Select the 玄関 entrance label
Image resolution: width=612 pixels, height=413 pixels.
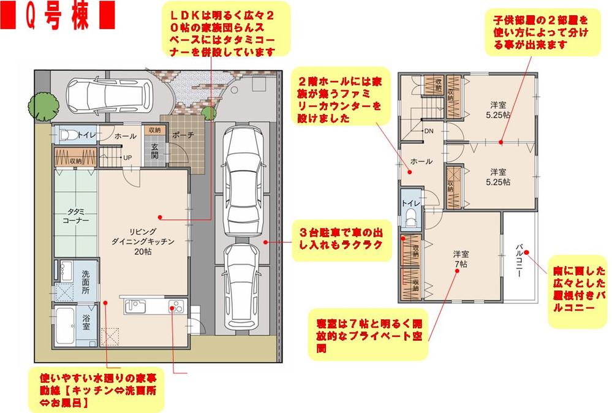click(154, 150)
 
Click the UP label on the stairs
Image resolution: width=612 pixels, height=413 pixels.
click(127, 157)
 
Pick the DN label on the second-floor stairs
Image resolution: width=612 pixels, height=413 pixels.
click(429, 131)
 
